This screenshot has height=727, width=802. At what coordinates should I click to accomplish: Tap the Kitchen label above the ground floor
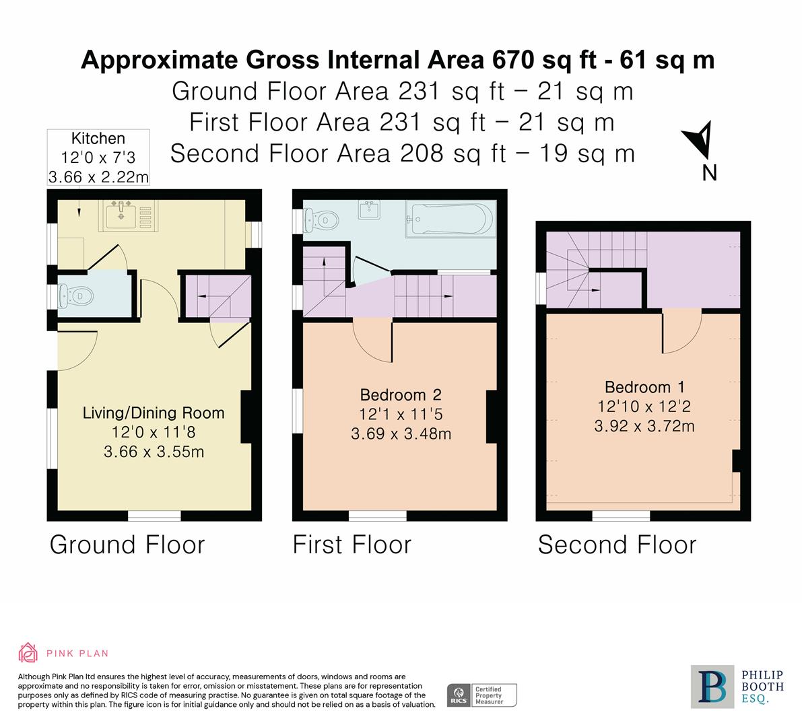click(x=98, y=139)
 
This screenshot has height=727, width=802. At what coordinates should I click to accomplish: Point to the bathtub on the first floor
click(x=450, y=219)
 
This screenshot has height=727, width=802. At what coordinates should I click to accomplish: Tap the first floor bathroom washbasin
click(x=369, y=209)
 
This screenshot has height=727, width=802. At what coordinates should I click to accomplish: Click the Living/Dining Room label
click(x=154, y=413)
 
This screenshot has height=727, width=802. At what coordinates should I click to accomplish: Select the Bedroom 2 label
click(x=401, y=394)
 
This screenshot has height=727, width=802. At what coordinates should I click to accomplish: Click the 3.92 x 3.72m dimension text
click(x=644, y=426)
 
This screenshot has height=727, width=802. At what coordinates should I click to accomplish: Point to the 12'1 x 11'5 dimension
click(x=401, y=414)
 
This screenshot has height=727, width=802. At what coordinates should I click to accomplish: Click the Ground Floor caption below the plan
click(x=127, y=545)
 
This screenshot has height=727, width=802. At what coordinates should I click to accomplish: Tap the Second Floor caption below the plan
click(x=617, y=545)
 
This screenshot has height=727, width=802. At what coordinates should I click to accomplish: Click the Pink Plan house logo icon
click(x=28, y=653)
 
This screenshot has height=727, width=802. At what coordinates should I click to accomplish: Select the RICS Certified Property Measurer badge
click(x=482, y=695)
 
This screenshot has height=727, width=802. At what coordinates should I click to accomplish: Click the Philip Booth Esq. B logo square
click(x=712, y=687)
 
